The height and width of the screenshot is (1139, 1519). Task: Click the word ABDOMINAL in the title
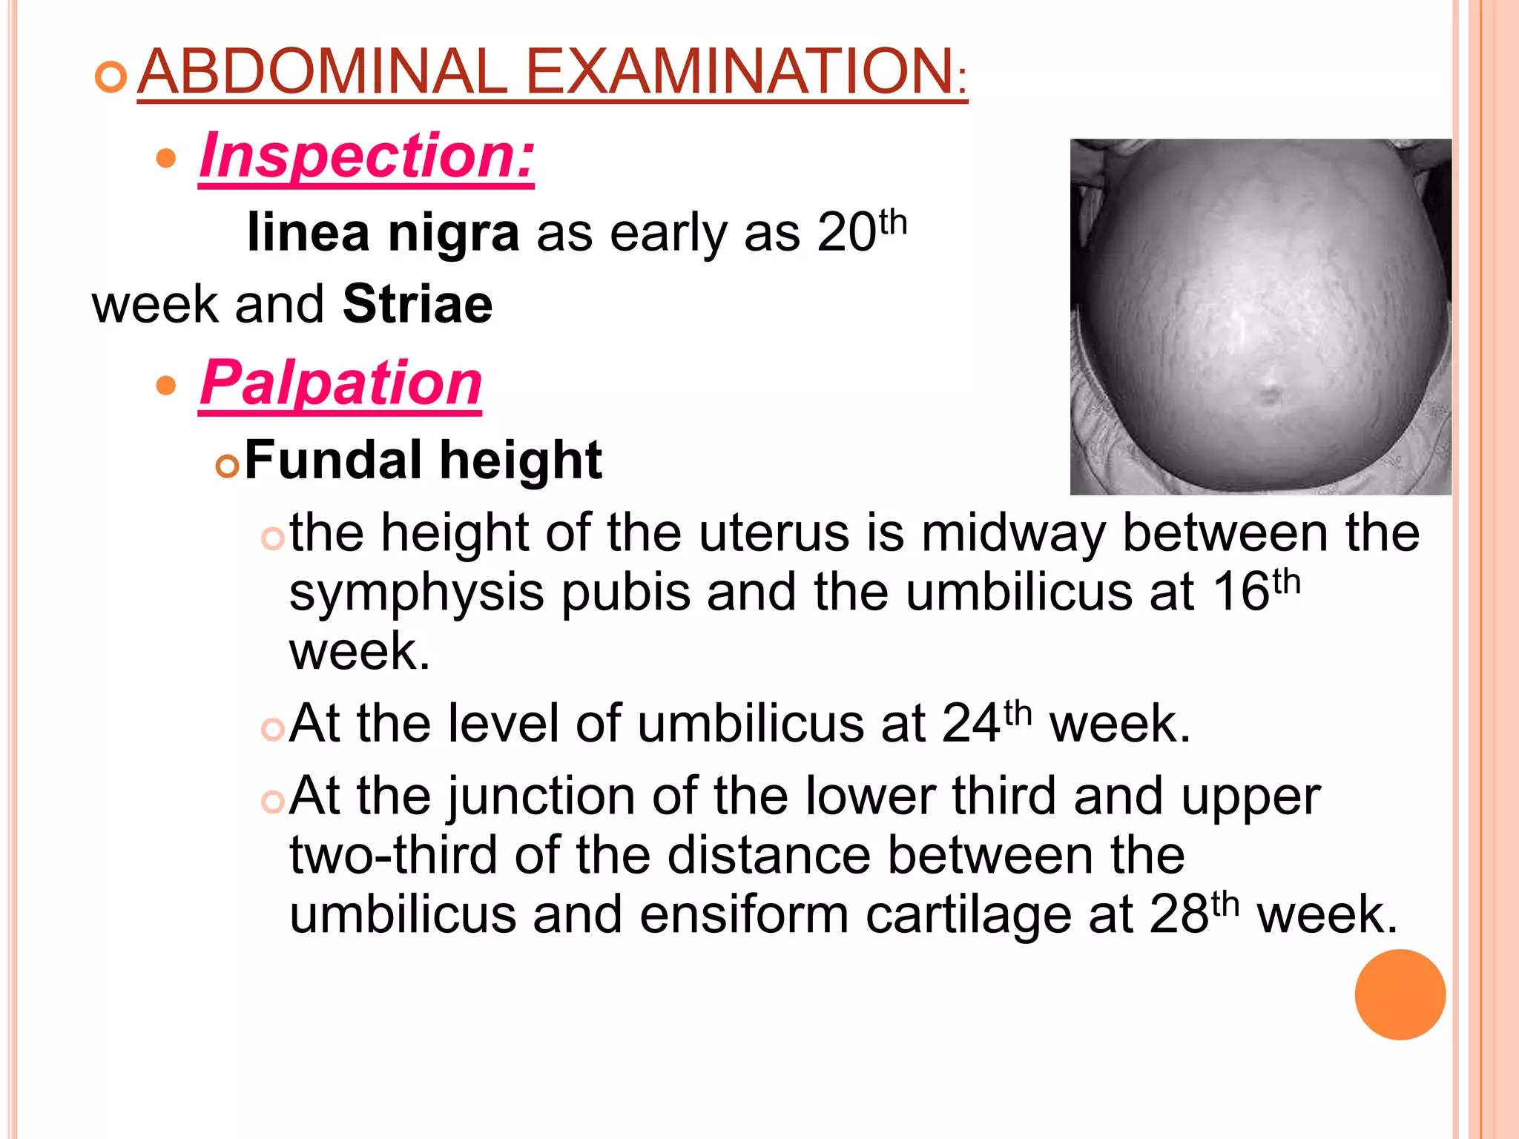point(322,71)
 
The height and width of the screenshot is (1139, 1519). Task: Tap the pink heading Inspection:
point(366,156)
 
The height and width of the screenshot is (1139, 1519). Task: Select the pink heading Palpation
point(341,383)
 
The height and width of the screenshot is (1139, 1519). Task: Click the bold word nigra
point(453,233)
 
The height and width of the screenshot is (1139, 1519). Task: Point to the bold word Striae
point(418,304)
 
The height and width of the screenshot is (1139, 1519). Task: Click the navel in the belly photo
point(1270,392)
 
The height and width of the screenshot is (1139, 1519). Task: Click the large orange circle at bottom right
point(1400,994)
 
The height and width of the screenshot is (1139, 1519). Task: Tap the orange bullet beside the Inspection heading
point(167,158)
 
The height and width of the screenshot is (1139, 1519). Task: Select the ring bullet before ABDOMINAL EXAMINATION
point(111,77)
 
